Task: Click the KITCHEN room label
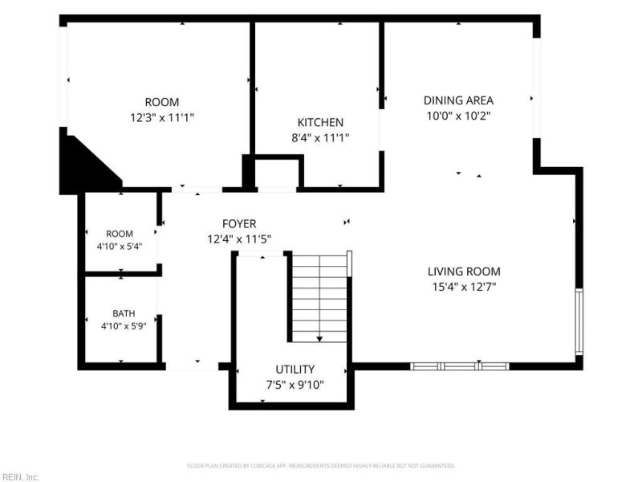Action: pyautogui.click(x=320, y=122)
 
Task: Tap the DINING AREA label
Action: pyautogui.click(x=458, y=100)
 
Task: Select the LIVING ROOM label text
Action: pyautogui.click(x=464, y=272)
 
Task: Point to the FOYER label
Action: pyautogui.click(x=239, y=224)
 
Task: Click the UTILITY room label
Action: pyautogui.click(x=295, y=370)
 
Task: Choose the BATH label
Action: pyautogui.click(x=124, y=313)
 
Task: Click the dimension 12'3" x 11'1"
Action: pyautogui.click(x=162, y=118)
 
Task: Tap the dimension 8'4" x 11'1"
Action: pyautogui.click(x=320, y=137)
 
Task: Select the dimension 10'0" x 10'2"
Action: pyautogui.click(x=458, y=116)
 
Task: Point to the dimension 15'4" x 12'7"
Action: pyautogui.click(x=464, y=287)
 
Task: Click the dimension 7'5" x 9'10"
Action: pyautogui.click(x=295, y=385)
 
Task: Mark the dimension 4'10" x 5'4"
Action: pyautogui.click(x=120, y=247)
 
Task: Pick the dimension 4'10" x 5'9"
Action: pyautogui.click(x=124, y=326)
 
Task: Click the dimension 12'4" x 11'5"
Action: pyautogui.click(x=239, y=239)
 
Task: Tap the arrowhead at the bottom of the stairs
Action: pyautogui.click(x=319, y=339)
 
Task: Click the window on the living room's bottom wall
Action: pyautogui.click(x=460, y=366)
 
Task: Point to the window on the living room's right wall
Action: pyautogui.click(x=579, y=321)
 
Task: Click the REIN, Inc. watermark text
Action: pyautogui.click(x=18, y=477)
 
